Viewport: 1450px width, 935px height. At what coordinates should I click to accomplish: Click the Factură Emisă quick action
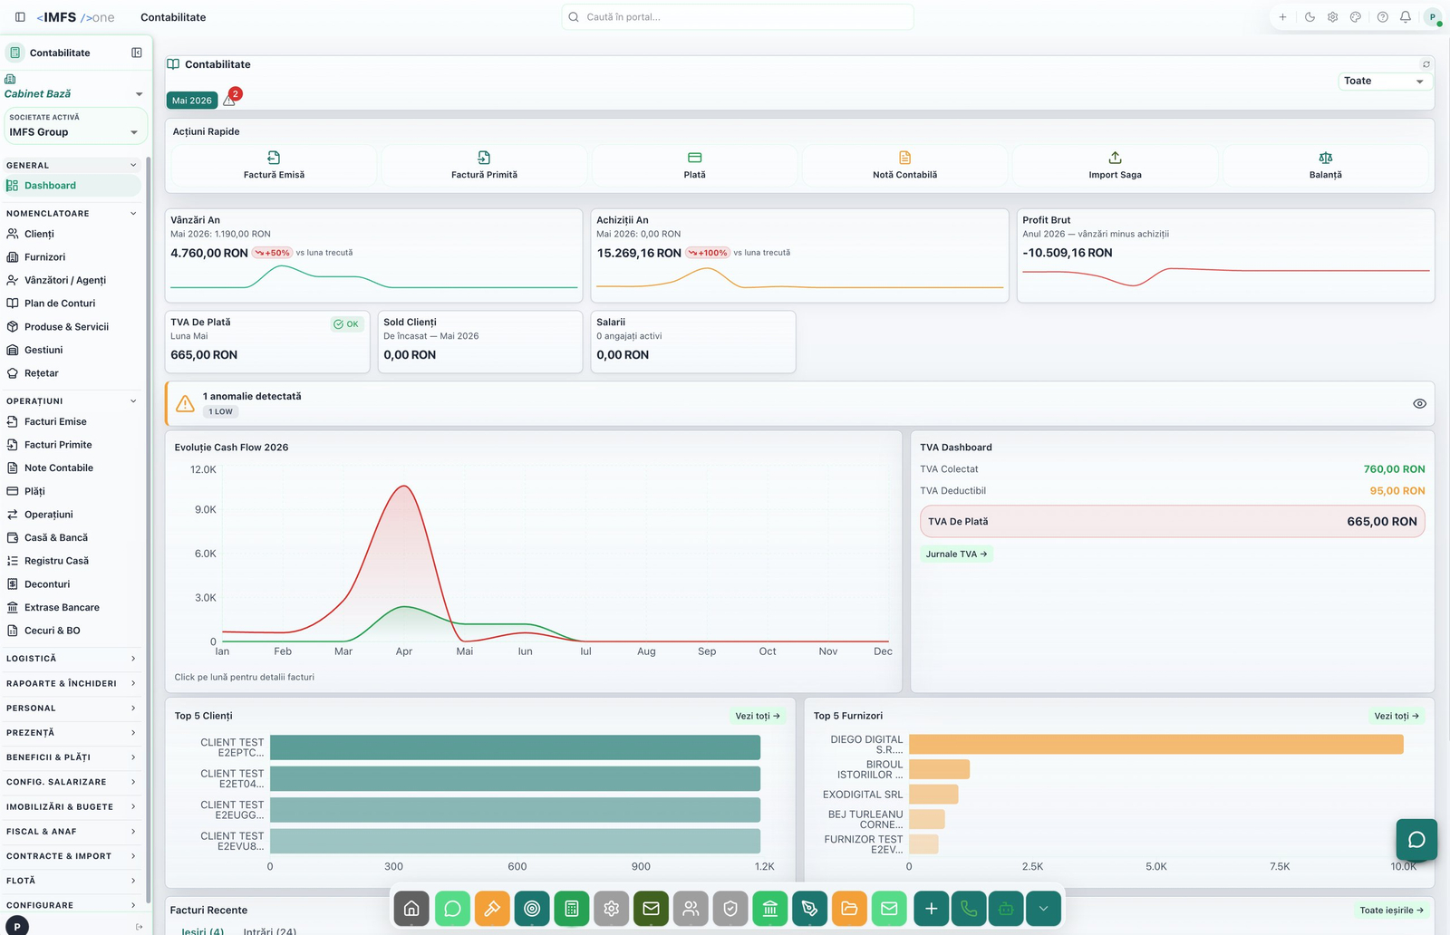tap(274, 166)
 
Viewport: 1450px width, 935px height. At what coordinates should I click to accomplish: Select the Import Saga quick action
tap(1115, 166)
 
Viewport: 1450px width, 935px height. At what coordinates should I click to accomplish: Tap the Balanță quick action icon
tap(1325, 158)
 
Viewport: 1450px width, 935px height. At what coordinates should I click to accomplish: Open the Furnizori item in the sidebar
tap(44, 257)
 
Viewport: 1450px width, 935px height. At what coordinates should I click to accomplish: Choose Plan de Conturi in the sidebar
tap(60, 303)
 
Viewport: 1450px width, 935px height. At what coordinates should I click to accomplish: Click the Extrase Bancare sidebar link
tap(62, 607)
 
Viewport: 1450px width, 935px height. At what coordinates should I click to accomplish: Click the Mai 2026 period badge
tap(191, 101)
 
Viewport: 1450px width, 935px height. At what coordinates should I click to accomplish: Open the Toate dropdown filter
tap(1384, 81)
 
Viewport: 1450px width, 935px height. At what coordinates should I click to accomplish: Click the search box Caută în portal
tap(738, 17)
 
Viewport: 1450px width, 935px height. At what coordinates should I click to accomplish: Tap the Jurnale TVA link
tap(956, 554)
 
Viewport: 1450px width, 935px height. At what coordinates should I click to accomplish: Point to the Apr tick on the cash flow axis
tap(404, 651)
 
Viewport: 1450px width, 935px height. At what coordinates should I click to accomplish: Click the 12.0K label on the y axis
tap(203, 469)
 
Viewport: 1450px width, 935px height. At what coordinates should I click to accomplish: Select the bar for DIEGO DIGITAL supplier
tap(1156, 744)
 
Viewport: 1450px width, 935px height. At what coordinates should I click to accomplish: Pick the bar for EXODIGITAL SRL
tap(933, 794)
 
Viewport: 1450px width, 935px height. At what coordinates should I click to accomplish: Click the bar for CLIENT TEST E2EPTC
tap(516, 747)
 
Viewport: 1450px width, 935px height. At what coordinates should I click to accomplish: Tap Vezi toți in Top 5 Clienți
tap(758, 716)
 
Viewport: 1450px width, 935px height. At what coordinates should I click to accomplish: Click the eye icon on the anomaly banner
tap(1419, 404)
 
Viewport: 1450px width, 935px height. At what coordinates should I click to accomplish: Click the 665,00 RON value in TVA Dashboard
tap(1381, 522)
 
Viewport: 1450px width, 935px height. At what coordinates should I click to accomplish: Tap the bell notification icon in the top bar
tap(1405, 17)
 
